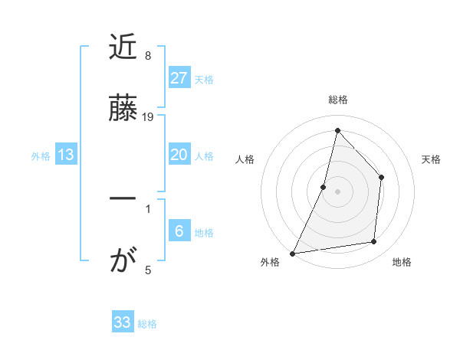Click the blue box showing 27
click(179, 78)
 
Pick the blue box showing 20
click(179, 155)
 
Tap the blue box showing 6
click(179, 231)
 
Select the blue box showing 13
click(66, 155)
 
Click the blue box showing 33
click(123, 322)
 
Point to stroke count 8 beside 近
click(148, 56)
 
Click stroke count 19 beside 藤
click(148, 117)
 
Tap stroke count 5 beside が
click(148, 269)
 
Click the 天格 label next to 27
click(204, 79)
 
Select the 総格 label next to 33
click(147, 324)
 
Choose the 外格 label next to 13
click(41, 155)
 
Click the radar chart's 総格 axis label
click(338, 100)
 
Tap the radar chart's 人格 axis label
click(245, 159)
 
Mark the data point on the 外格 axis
click(292, 253)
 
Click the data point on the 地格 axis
click(374, 241)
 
